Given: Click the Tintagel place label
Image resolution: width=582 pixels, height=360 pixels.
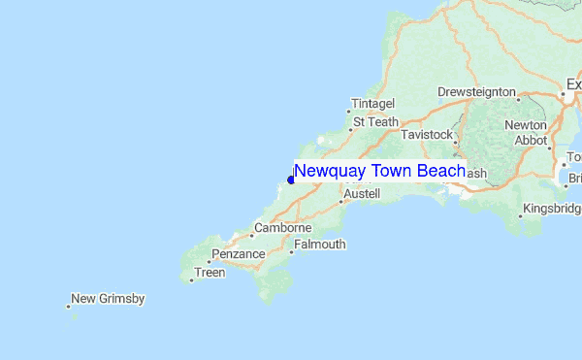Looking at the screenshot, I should point(373,104).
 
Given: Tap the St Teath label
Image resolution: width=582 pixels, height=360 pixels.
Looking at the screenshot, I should point(375,122).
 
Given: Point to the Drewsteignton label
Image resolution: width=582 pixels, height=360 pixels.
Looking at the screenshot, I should point(476,91).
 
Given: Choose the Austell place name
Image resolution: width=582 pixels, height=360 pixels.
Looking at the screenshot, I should point(362,194).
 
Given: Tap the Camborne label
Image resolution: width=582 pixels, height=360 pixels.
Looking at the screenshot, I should point(282,228).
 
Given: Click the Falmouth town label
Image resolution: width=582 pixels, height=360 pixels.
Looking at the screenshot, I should point(319,245).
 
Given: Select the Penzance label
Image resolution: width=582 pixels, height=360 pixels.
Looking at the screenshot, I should point(239,254).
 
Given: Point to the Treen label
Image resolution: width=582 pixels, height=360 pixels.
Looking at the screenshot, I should point(210,273).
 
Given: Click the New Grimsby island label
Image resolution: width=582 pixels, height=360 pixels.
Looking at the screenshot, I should point(108,299).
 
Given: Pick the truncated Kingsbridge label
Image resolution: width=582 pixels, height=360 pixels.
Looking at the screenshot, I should point(552,209).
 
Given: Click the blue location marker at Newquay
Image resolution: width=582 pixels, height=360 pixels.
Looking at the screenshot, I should point(291,180).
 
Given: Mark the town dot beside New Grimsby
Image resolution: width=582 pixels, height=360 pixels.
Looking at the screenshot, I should point(68,307).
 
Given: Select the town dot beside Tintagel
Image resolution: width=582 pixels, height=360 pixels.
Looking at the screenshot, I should point(349,111).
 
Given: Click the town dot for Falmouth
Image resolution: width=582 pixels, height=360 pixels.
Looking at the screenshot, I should point(291,252).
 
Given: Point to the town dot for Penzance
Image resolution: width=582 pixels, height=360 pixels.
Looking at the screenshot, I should point(209,261).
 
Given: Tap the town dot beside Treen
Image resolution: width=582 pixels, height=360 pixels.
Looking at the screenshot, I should point(191,280).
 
